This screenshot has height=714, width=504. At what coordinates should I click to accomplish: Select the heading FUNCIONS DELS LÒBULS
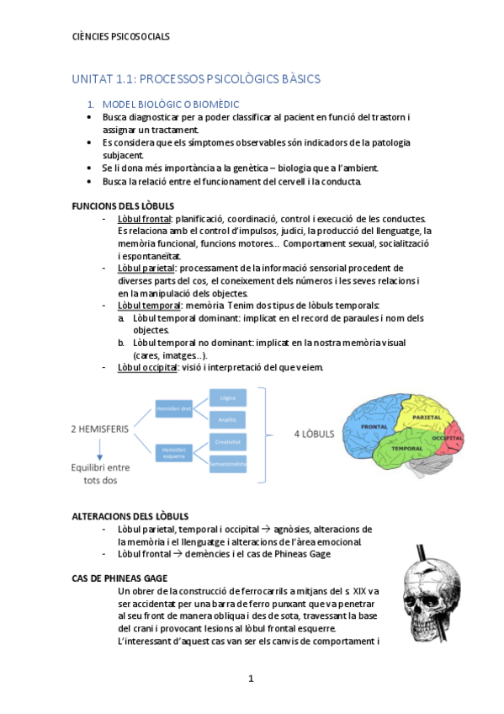123,206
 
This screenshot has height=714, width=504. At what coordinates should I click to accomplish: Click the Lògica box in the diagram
227,397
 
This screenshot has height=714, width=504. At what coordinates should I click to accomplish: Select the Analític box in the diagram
227,418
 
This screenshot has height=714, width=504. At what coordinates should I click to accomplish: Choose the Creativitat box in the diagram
227,441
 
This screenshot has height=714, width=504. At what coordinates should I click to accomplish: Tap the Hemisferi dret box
175,408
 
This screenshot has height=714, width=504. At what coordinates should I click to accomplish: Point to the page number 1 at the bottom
251,679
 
